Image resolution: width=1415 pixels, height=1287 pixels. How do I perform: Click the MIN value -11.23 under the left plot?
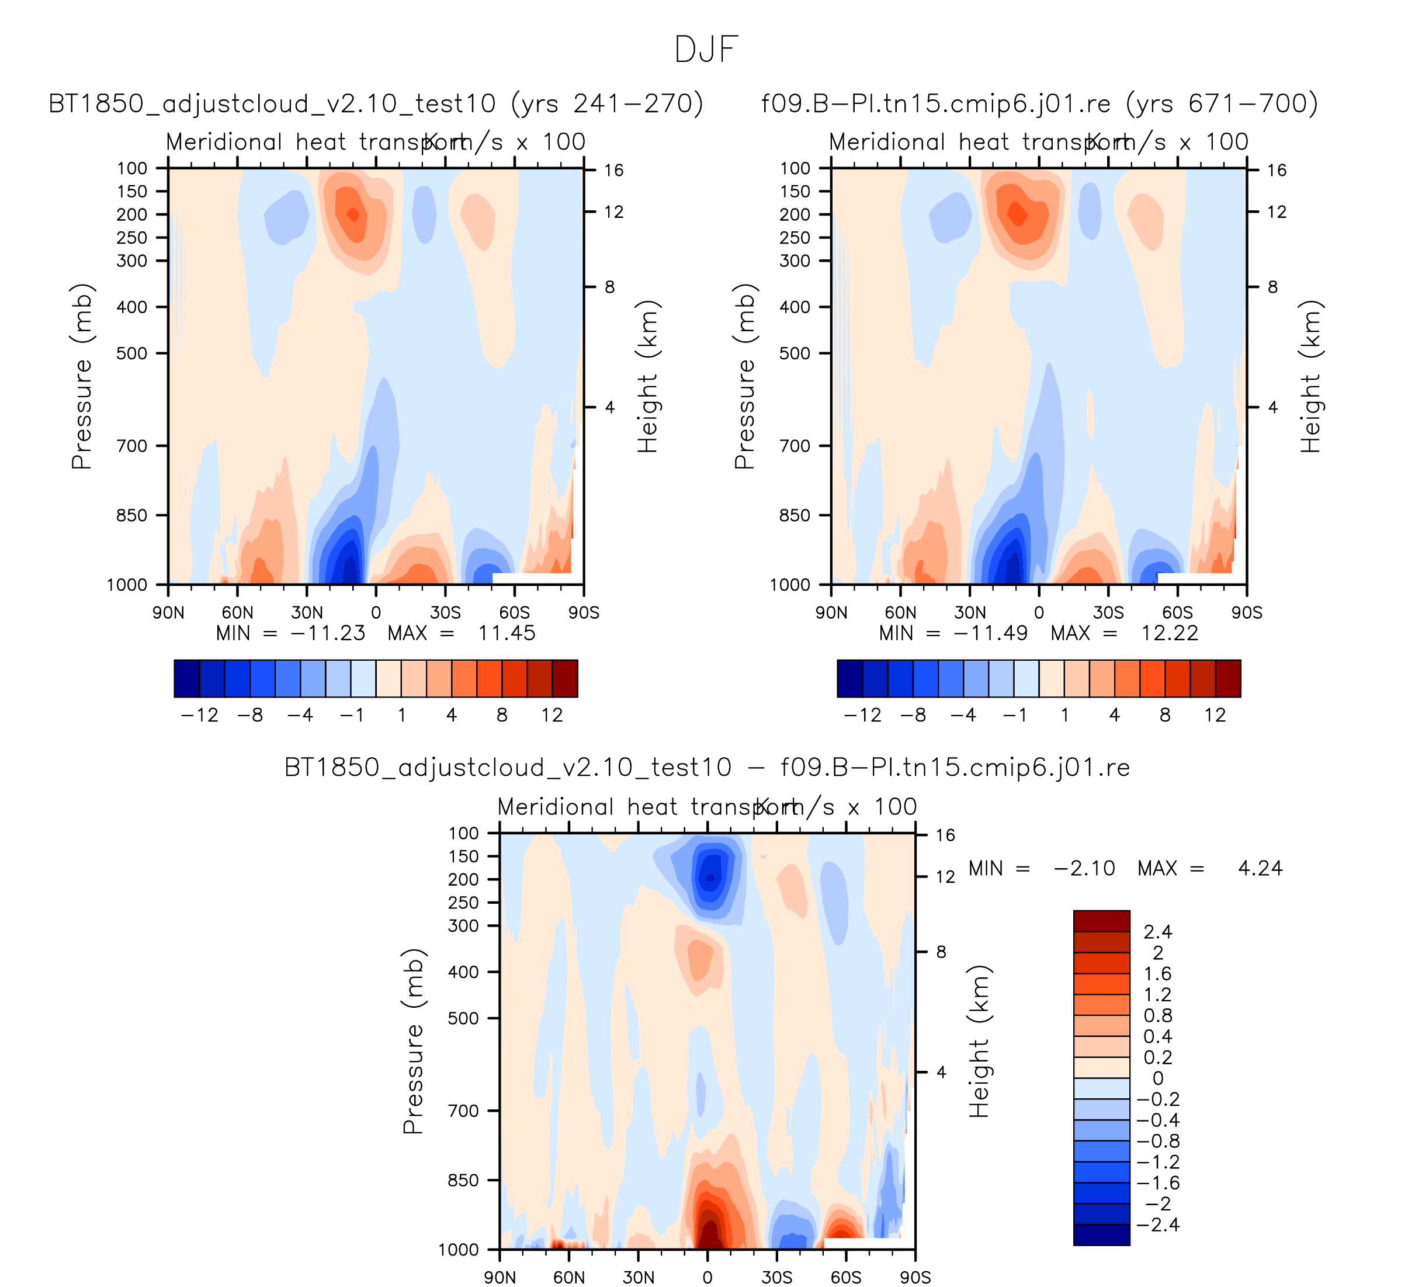[327, 634]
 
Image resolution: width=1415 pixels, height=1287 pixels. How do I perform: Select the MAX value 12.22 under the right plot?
[1170, 634]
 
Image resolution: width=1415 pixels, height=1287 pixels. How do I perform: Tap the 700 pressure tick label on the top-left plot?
[133, 446]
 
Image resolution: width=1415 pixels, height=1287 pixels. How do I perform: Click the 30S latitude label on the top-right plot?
[1108, 613]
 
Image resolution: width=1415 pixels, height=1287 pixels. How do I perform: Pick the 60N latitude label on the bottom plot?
[569, 1277]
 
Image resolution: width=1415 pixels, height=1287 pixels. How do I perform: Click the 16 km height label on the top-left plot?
[613, 171]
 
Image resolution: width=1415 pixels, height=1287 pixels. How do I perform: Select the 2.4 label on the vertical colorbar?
[1157, 932]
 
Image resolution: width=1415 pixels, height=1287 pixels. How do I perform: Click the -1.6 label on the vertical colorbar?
[1157, 1183]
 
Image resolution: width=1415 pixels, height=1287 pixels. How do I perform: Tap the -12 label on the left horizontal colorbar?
[200, 715]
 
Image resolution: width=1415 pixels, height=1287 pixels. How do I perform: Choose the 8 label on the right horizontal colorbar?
[1165, 715]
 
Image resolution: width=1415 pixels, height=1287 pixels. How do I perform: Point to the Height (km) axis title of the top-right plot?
[1310, 376]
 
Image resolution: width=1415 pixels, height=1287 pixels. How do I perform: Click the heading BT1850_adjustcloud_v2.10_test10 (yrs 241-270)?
[376, 104]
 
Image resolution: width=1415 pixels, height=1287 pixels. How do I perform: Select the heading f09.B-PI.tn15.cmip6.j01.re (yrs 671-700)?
[1039, 104]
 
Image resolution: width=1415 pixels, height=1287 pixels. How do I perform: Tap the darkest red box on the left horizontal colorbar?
[565, 679]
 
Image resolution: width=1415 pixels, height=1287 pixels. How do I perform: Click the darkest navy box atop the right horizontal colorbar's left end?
[850, 679]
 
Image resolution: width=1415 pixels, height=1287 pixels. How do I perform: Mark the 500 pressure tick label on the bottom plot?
[464, 1018]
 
